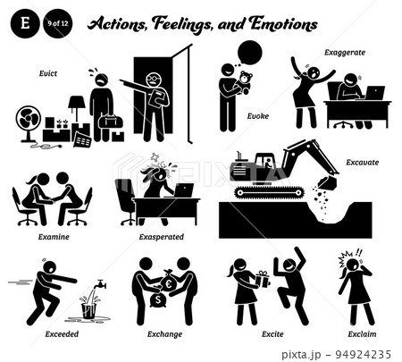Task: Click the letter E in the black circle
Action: tap(25, 23)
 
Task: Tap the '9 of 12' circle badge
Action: tap(58, 23)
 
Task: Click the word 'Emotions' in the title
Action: tap(283, 24)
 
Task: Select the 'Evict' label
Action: tap(48, 73)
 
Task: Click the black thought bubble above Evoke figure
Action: tap(249, 53)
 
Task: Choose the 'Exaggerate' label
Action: tap(345, 53)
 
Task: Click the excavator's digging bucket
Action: tap(327, 182)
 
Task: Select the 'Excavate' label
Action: tap(362, 163)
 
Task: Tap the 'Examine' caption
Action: tap(54, 237)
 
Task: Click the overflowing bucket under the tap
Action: tap(88, 310)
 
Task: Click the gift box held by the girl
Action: tap(262, 279)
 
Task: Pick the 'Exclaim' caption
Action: tap(362, 334)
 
